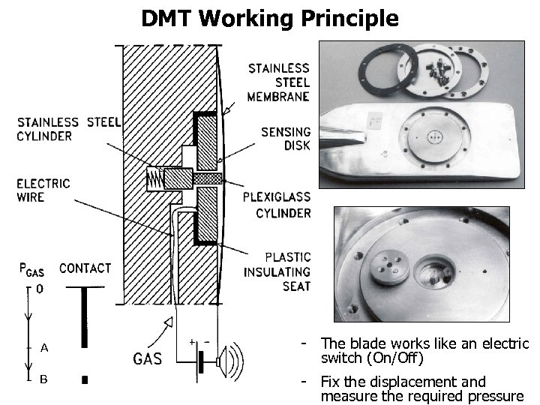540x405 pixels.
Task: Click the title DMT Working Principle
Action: tap(270, 18)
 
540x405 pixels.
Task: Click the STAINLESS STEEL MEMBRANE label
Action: tap(279, 82)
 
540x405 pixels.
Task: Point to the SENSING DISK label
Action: tap(285, 138)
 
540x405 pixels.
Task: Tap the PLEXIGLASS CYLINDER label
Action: tap(277, 205)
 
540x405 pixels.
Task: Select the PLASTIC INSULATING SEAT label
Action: tap(277, 271)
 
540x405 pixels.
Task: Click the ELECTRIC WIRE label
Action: tap(43, 190)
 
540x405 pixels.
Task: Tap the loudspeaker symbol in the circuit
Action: tap(226, 362)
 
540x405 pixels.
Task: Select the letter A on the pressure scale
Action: tap(44, 348)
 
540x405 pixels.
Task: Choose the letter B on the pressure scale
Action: tap(43, 379)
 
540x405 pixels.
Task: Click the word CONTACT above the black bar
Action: tap(85, 268)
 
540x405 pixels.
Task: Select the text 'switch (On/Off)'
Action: tap(372, 358)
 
